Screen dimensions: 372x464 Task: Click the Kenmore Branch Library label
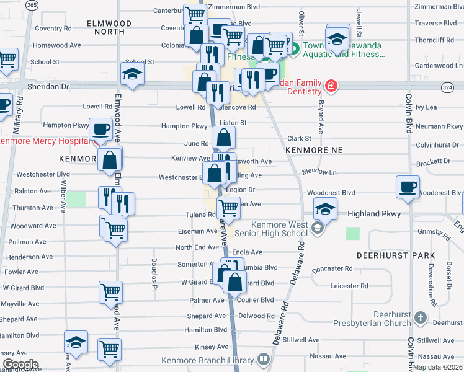(x=207, y=360)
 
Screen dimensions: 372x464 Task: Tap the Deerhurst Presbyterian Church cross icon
(x=420, y=318)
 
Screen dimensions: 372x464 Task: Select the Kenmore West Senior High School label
(x=280, y=229)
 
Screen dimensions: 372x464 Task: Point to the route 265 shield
(x=32, y=5)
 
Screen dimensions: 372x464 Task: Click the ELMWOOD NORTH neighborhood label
(x=110, y=27)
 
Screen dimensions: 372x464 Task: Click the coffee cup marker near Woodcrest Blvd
(x=408, y=187)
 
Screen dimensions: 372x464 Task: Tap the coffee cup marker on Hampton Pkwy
(x=100, y=130)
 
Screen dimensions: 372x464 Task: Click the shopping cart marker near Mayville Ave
(x=110, y=292)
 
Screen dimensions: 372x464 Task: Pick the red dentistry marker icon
(x=331, y=85)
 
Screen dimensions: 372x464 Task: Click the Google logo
(x=20, y=365)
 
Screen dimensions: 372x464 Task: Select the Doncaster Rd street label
(x=332, y=269)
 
